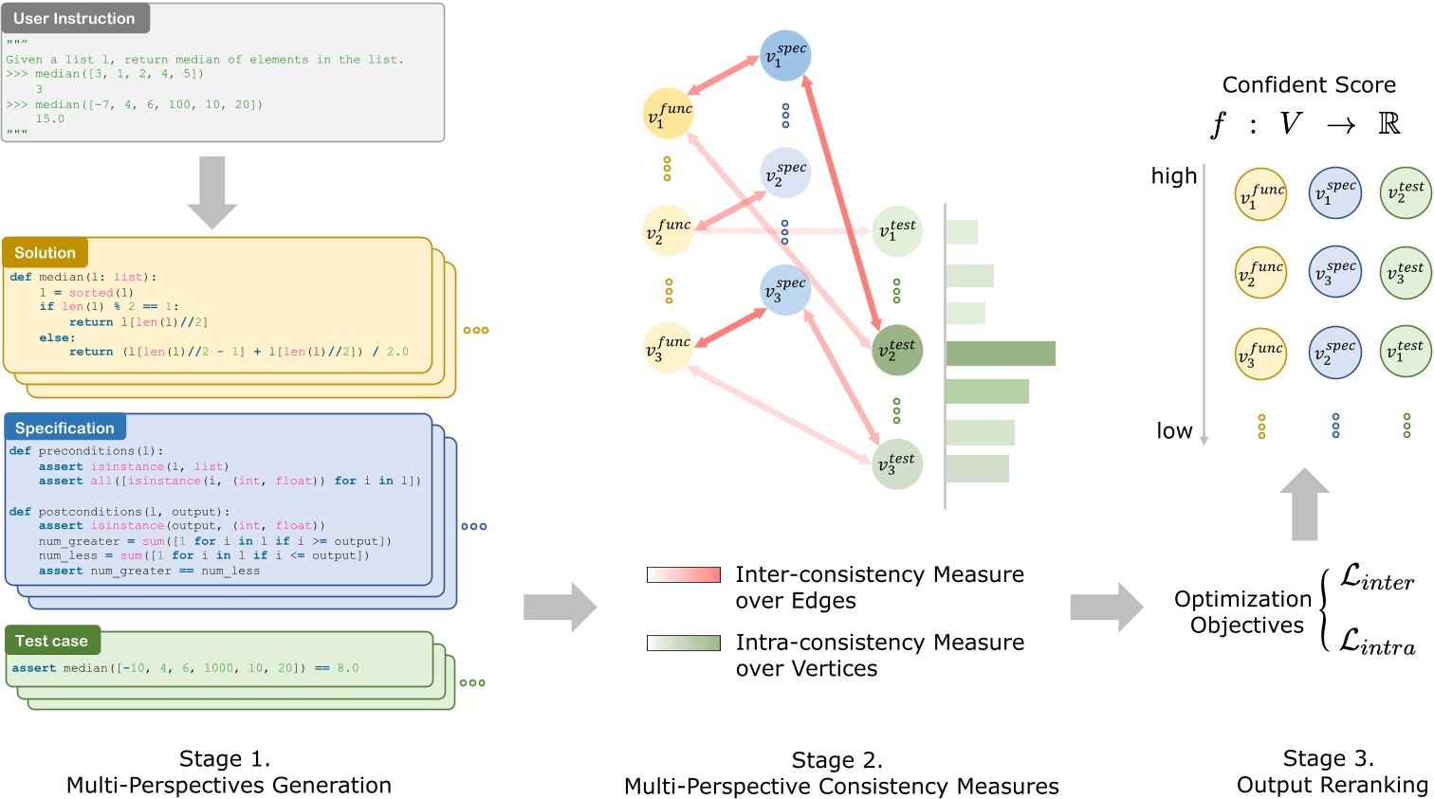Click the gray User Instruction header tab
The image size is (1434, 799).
74,19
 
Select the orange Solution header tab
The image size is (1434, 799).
45,253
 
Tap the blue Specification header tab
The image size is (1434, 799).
64,428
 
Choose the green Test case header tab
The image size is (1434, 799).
51,642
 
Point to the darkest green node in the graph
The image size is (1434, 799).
896,350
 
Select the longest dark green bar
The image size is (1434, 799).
1000,354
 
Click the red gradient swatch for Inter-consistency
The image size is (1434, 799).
683,574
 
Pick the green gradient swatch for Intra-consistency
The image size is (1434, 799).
683,643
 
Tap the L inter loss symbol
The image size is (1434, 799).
1376,578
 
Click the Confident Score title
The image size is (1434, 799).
1309,85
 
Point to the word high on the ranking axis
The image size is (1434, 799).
1174,176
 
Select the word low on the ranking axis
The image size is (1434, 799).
1174,431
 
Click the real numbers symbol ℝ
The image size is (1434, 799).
1388,124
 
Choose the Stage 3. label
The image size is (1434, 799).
1328,758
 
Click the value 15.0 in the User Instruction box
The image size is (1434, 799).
50,119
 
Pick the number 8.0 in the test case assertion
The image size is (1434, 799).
348,668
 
